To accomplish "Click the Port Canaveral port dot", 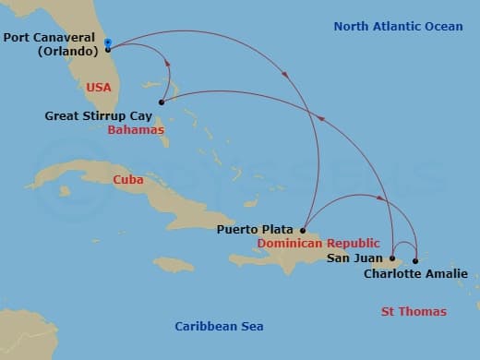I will coord(108,50).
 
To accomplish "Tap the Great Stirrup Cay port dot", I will coord(162,102).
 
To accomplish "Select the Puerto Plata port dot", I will coord(303,230).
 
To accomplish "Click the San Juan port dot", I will coord(392,258).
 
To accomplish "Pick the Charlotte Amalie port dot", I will coord(415,261).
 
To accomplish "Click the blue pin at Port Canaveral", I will coord(108,42).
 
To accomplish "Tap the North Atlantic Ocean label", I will coord(398,27).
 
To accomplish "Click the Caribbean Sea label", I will coord(219,326).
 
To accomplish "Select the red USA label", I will coord(98,87).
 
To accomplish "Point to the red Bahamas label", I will coord(136,131).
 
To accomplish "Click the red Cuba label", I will coord(127,180).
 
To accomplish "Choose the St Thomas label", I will coord(414,312).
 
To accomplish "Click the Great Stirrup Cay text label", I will coord(98,116).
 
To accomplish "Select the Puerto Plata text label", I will coord(256,229).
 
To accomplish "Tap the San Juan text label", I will coord(354,258).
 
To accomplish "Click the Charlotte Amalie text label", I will coord(415,274).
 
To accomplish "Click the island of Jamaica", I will coord(174,265).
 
